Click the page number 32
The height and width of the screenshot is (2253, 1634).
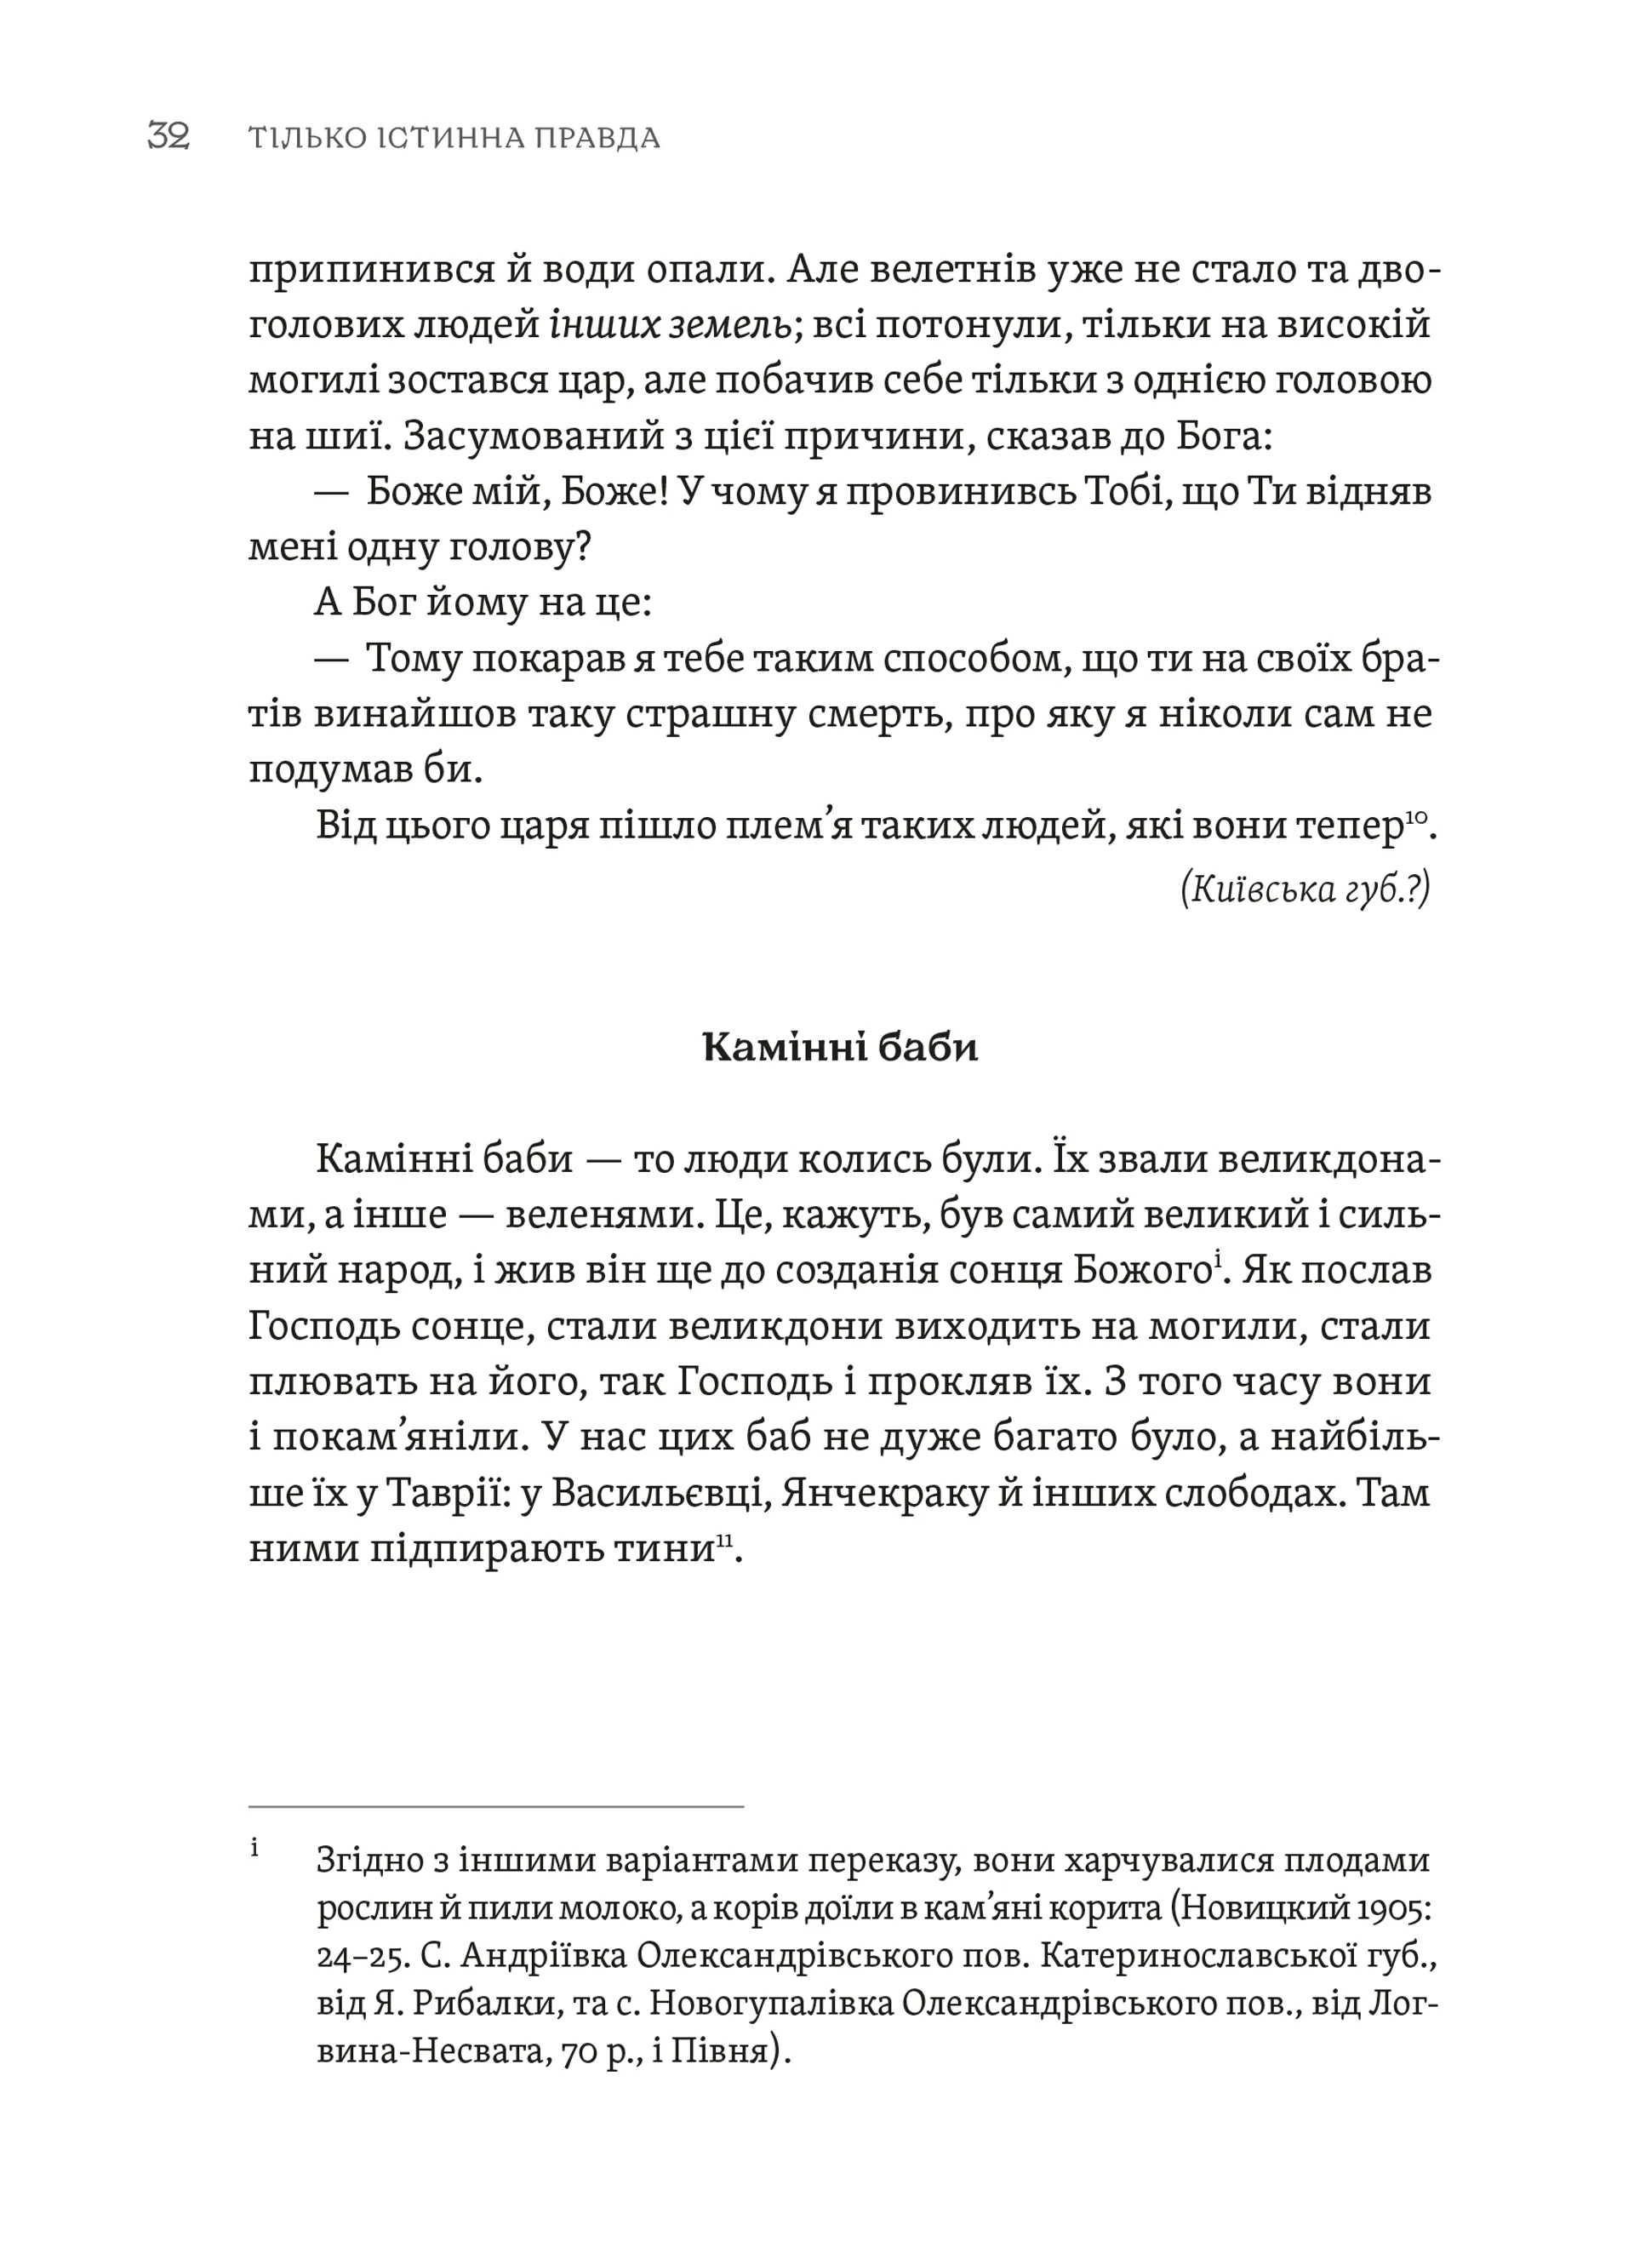click(x=168, y=136)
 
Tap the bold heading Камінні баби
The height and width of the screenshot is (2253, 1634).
click(x=839, y=1048)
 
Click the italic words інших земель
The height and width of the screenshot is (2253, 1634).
click(x=671, y=325)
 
